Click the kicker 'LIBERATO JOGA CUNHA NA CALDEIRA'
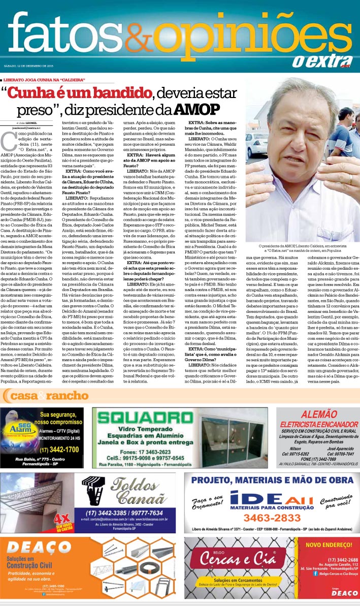click(x=44, y=80)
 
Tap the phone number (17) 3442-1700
click(x=56, y=450)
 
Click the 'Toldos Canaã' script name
click(x=134, y=489)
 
